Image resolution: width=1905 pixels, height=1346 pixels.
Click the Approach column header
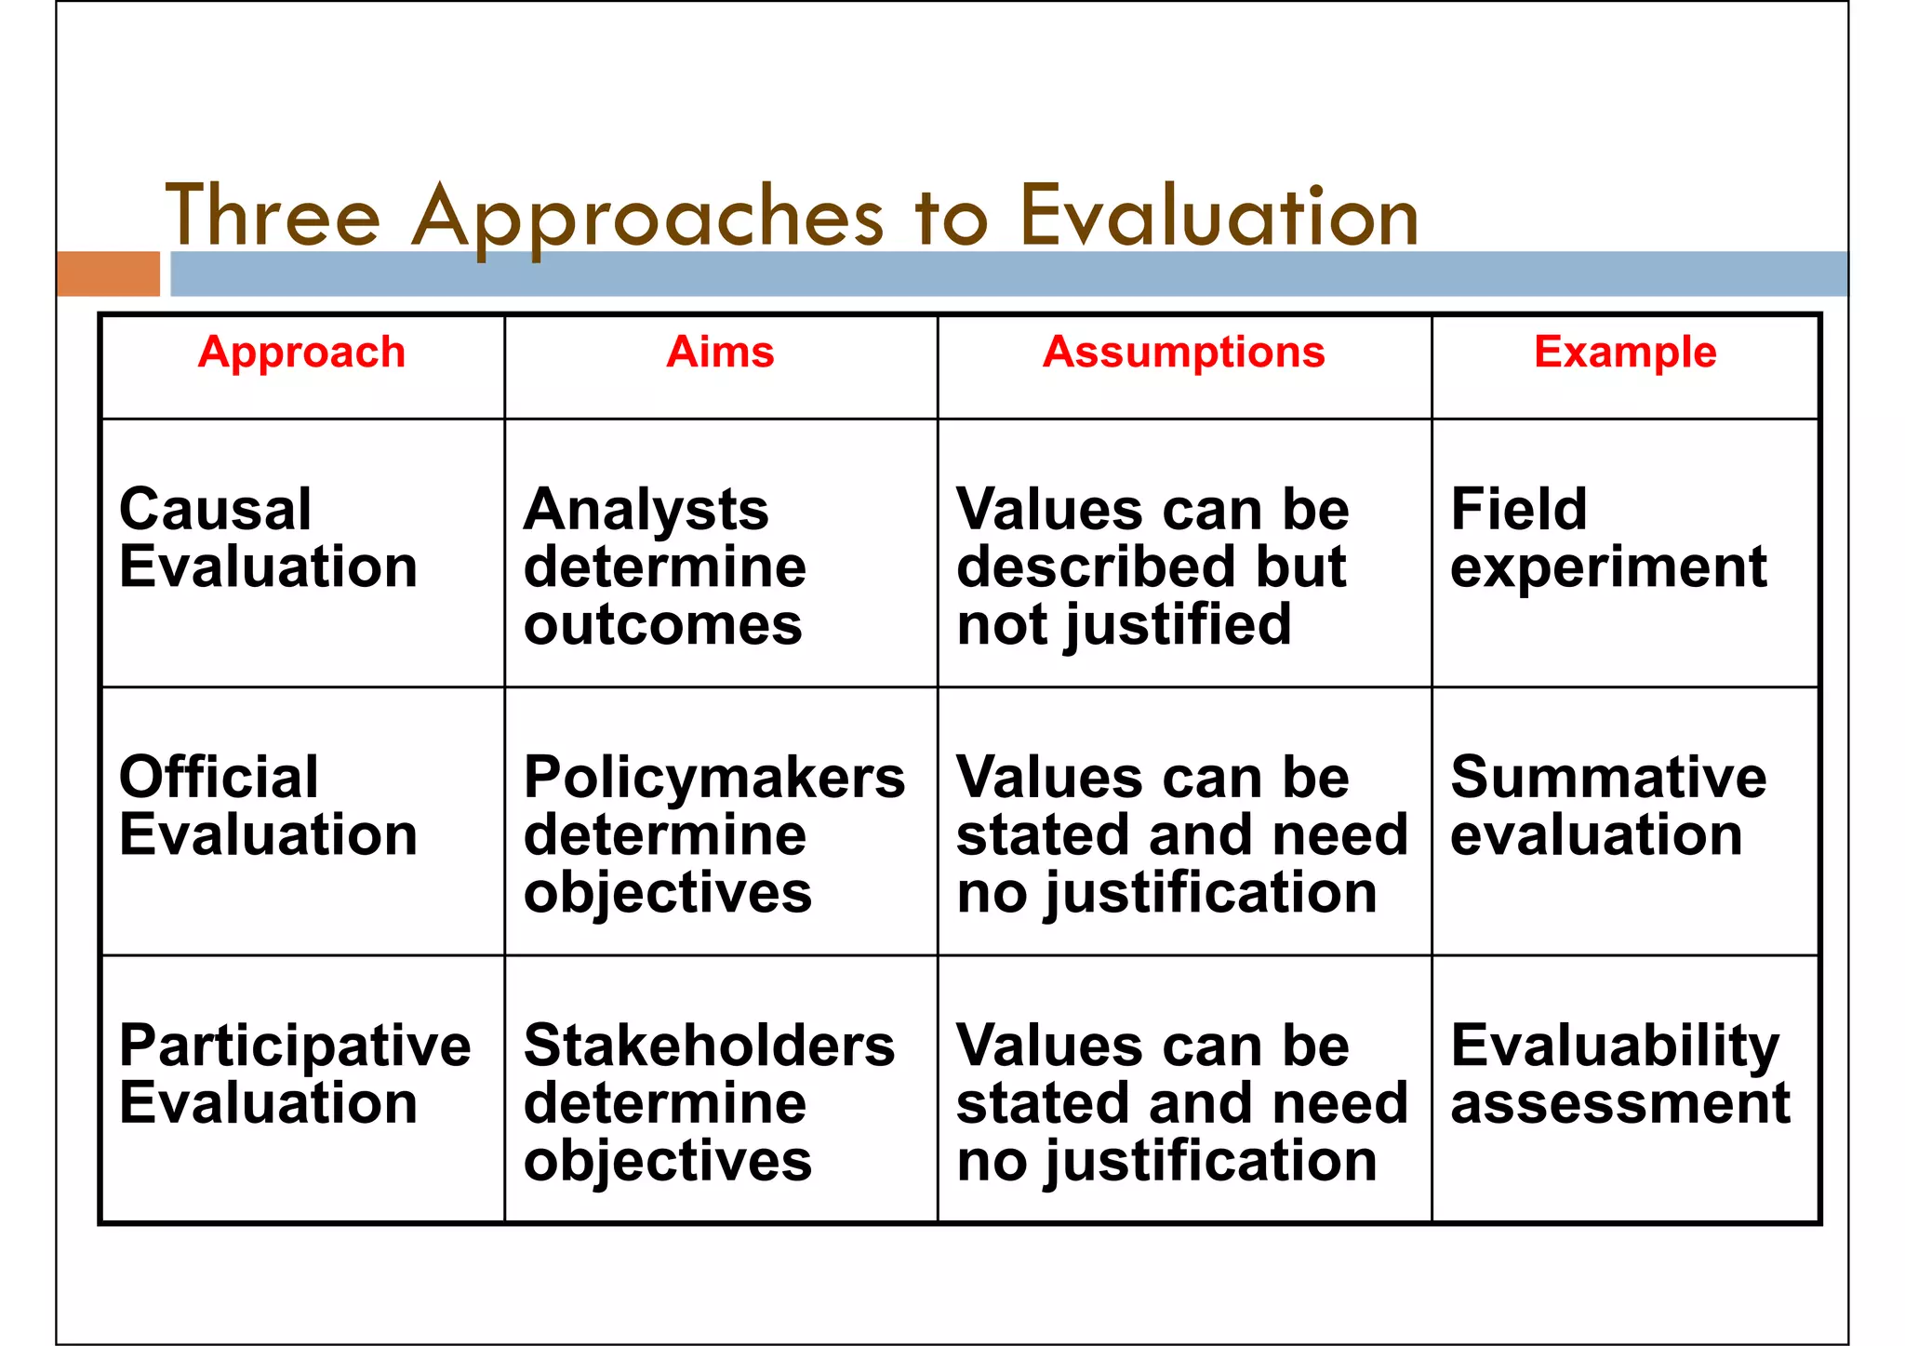click(x=301, y=353)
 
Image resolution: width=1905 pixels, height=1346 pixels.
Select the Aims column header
click(x=720, y=353)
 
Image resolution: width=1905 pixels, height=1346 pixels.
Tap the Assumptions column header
click(x=1183, y=353)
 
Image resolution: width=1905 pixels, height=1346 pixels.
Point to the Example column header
click(x=1624, y=353)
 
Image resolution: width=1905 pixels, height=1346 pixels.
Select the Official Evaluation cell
click(x=268, y=806)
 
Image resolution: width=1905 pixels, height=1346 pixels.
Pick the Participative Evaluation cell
click(x=295, y=1073)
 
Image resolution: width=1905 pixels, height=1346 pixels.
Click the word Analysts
click(x=646, y=510)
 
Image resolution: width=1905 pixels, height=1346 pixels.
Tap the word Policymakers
click(x=713, y=778)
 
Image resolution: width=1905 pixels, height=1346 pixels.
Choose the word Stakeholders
click(x=709, y=1046)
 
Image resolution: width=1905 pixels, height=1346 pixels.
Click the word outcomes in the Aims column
click(x=662, y=624)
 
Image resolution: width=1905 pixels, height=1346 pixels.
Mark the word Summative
click(x=1607, y=778)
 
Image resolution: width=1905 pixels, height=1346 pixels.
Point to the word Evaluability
click(x=1615, y=1046)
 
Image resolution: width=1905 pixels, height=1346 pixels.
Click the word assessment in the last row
click(x=1619, y=1103)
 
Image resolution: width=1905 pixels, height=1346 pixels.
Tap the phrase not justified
click(x=1124, y=624)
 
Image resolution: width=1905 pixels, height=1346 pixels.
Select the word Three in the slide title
click(x=273, y=216)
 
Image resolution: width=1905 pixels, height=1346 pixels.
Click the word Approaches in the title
click(x=647, y=218)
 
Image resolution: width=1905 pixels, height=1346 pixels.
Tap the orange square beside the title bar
click(x=108, y=273)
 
